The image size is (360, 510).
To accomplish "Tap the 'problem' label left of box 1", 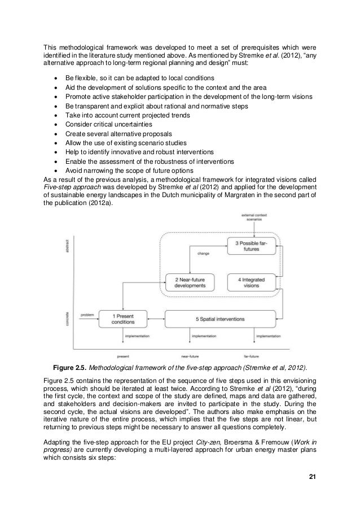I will pyautogui.click(x=87, y=315).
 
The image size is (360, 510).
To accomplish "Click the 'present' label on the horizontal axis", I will pyautogui.click(x=122, y=357).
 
